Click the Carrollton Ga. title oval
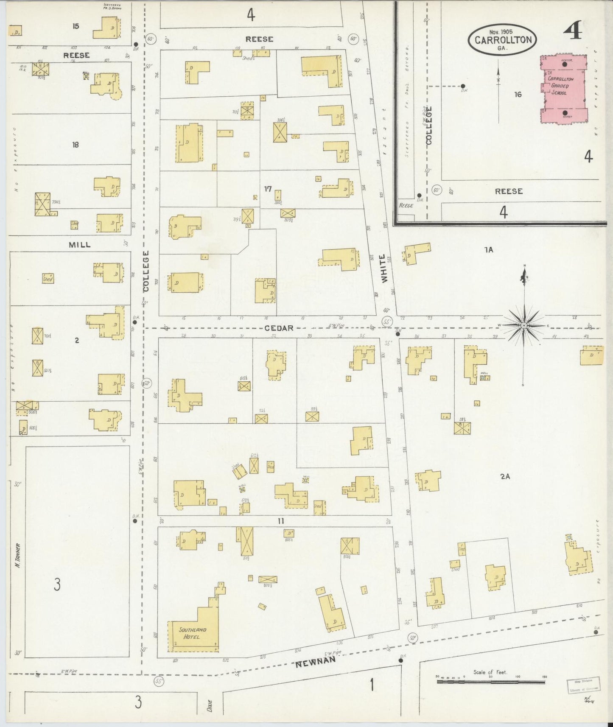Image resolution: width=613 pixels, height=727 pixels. (503, 40)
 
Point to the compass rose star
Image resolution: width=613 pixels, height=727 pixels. (524, 325)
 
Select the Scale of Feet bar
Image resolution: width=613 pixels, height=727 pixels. (491, 682)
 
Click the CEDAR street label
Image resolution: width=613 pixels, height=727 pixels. (279, 328)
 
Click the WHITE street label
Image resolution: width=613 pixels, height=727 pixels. (384, 268)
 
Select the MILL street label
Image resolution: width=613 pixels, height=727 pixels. (80, 245)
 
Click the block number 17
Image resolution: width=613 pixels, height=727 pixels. (267, 189)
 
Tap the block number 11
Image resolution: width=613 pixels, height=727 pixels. (280, 521)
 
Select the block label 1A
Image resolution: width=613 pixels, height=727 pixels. (489, 250)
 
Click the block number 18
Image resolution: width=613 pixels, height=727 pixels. (76, 145)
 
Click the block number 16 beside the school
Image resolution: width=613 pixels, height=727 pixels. (518, 95)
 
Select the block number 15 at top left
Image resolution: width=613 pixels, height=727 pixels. (76, 26)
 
